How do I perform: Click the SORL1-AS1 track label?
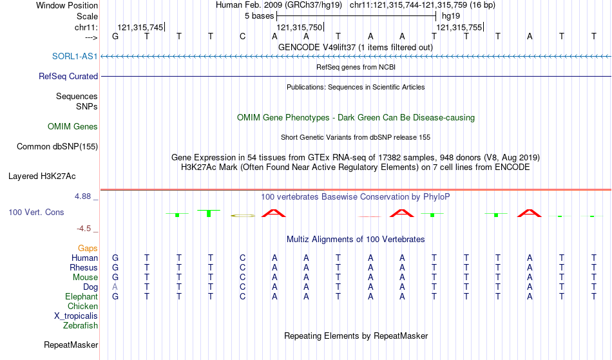coord(75,57)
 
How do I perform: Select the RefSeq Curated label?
coord(68,76)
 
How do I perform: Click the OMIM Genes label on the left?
coord(73,127)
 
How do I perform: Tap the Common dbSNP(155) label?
coord(57,146)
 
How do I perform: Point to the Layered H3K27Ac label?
coord(42,176)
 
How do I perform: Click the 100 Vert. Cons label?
coord(36,212)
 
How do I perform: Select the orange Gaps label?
coord(88,248)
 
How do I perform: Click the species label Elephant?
coord(81,296)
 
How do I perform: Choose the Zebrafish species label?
coord(81,325)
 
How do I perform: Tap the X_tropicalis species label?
coord(76,316)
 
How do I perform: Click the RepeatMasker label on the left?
coord(71,345)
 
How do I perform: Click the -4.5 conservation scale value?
coord(84,229)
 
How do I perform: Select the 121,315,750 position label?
coord(298,28)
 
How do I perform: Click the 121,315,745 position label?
coord(140,28)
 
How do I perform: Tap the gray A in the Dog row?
coord(115,287)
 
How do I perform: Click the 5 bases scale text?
coord(259,15)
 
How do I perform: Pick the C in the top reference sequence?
coord(243,36)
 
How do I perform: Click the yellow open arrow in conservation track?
coord(243,215)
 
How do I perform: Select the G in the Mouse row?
coord(115,277)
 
